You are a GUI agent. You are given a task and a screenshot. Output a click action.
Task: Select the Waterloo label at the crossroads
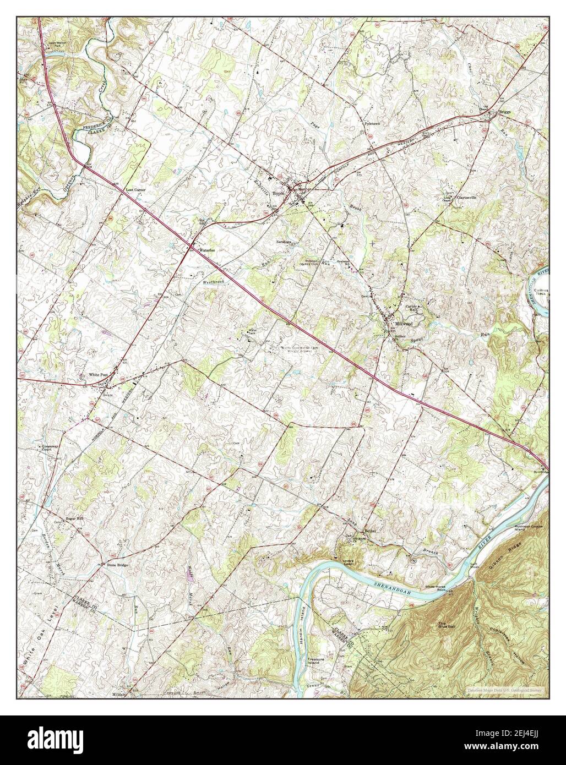(x=206, y=250)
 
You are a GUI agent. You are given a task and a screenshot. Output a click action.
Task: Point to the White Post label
(x=99, y=375)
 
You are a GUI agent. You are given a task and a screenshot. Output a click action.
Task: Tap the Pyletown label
(x=373, y=124)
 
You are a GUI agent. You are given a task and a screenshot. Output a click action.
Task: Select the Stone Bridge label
(x=118, y=565)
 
